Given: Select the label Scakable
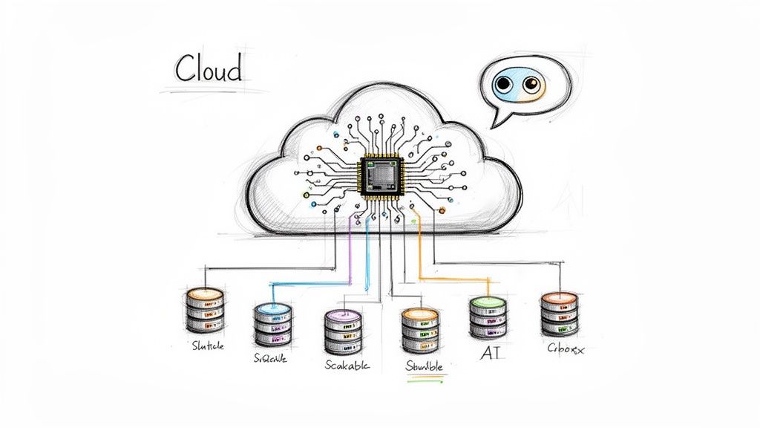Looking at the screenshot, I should pyautogui.click(x=347, y=365).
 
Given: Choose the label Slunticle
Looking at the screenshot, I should pyautogui.click(x=207, y=346).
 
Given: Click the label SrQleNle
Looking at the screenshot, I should pyautogui.click(x=270, y=358).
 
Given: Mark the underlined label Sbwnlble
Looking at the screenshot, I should pyautogui.click(x=425, y=366).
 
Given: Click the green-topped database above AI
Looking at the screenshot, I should pyautogui.click(x=488, y=317).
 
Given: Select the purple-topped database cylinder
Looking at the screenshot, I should pyautogui.click(x=343, y=332).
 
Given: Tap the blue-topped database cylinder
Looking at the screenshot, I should pyautogui.click(x=273, y=325).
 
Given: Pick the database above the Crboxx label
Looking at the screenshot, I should pyautogui.click(x=559, y=314).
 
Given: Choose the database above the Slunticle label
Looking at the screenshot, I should pyautogui.click(x=205, y=310).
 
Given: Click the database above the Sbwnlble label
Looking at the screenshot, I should pyautogui.click(x=420, y=331).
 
